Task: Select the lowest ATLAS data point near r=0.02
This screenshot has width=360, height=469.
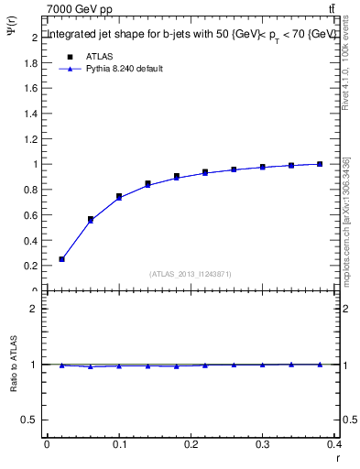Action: click(61, 259)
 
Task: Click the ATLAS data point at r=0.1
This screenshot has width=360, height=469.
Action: click(119, 197)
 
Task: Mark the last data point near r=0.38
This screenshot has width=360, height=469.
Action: click(320, 164)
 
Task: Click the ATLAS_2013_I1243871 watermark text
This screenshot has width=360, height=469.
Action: click(191, 274)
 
